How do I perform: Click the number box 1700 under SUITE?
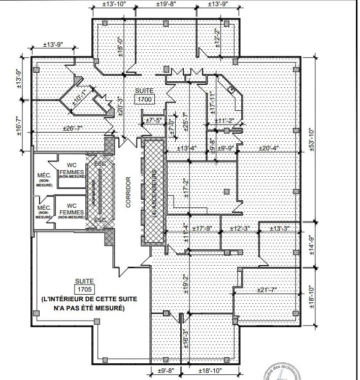(144, 99)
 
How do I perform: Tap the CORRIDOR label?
(128, 193)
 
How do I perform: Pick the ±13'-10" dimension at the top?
(114, 4)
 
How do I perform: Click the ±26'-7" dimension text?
(72, 128)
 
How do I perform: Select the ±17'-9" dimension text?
(205, 229)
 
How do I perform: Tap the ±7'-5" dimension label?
(153, 120)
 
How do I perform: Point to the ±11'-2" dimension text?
(223, 120)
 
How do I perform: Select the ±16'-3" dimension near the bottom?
(186, 340)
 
